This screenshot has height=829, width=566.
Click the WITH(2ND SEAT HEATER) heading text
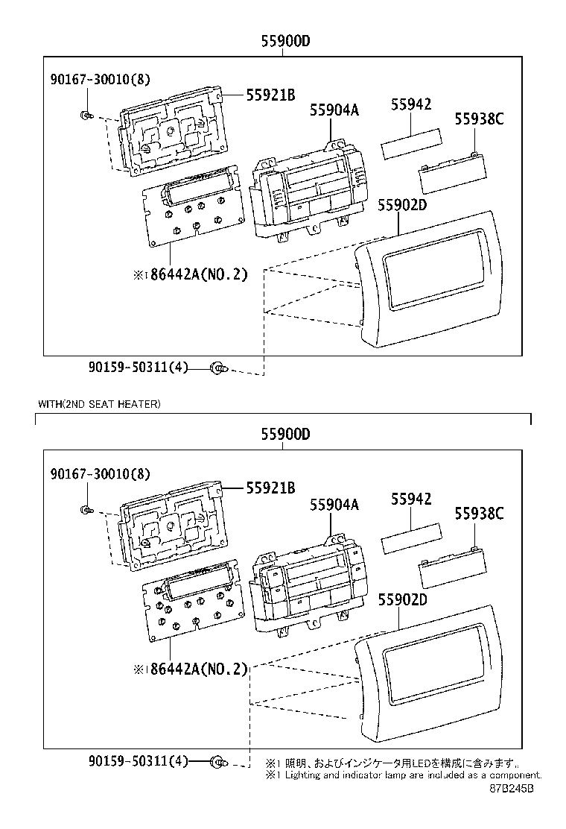coord(99,404)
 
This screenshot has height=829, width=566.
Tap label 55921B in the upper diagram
coord(271,95)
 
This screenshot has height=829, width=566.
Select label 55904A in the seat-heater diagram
coord(334,505)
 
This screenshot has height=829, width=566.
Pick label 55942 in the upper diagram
coord(410,105)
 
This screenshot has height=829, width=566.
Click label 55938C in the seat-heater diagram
coord(479,513)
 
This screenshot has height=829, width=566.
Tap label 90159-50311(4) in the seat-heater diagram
coord(138,761)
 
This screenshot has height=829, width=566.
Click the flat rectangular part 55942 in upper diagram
coord(411,144)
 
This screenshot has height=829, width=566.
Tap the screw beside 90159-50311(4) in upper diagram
coord(218,368)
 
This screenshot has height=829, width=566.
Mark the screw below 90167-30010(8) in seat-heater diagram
coord(86,510)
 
